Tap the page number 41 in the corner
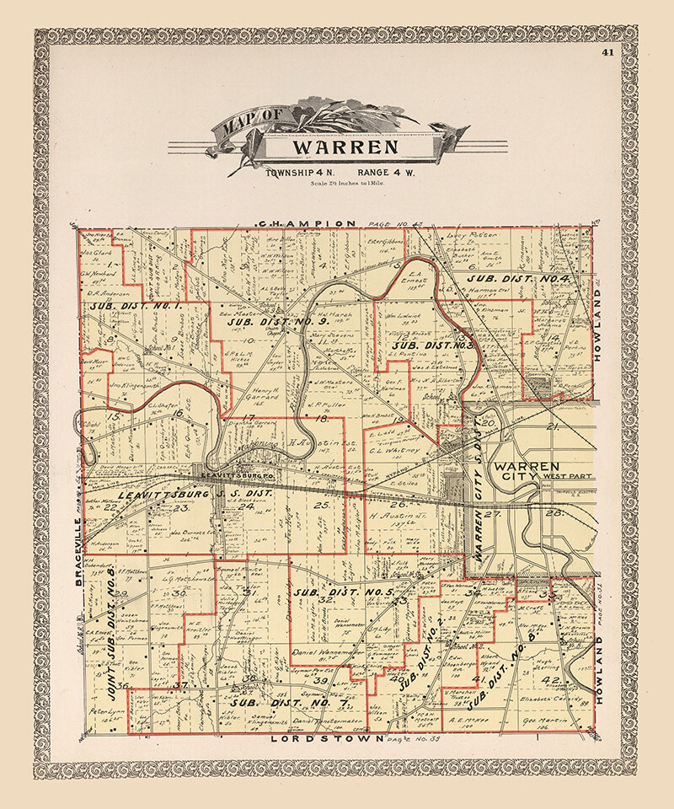608,53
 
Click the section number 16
179,412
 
